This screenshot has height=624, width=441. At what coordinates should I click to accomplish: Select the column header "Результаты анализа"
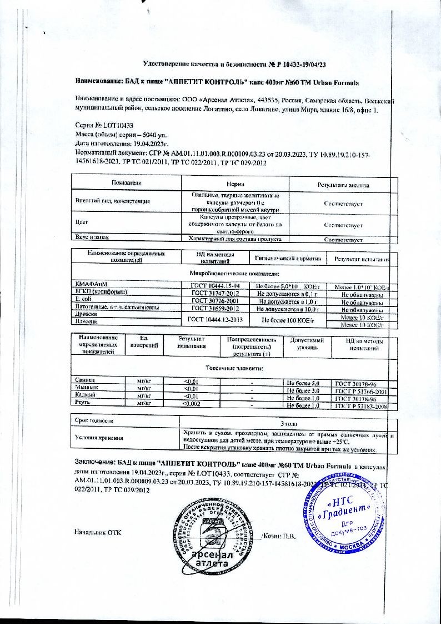tap(343, 184)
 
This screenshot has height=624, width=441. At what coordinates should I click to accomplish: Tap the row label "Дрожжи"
tap(85, 314)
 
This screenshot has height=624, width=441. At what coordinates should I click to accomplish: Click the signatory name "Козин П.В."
tap(282, 536)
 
